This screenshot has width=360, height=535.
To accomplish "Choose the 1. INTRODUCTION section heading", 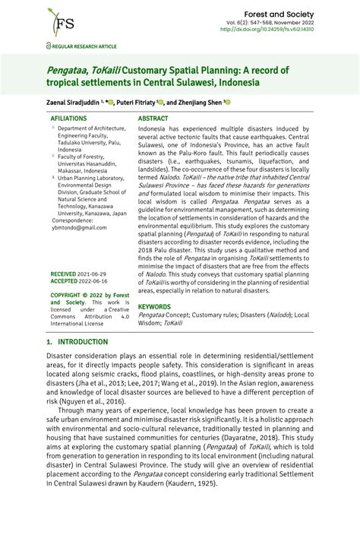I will click(x=77, y=343).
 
